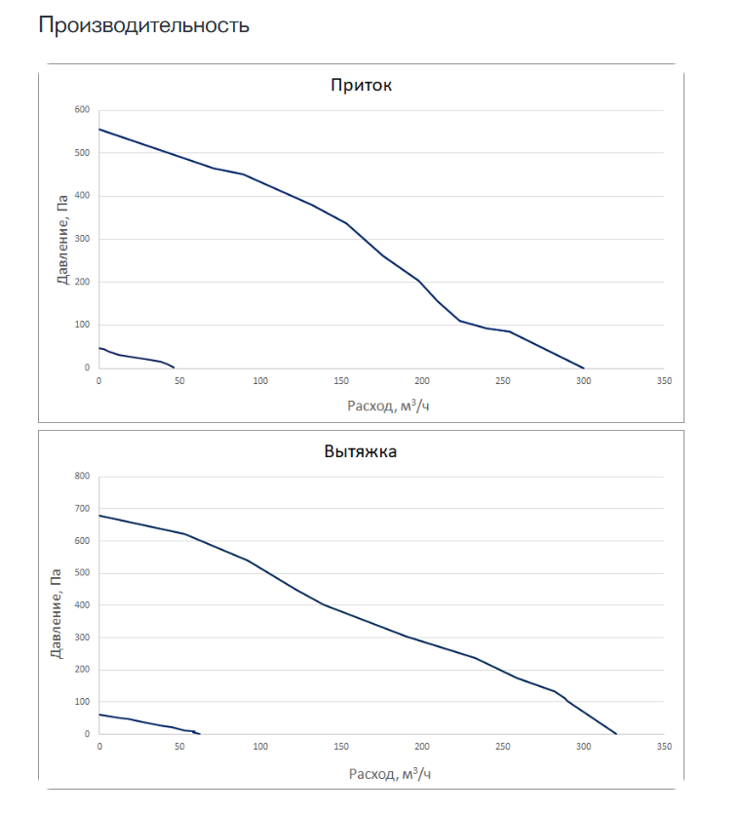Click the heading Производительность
(143, 25)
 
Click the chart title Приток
(361, 85)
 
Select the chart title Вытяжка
(361, 451)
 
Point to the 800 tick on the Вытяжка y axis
(81, 477)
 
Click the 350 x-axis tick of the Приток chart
(664, 380)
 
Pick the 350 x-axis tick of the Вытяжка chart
(664, 746)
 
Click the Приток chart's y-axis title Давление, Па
(62, 239)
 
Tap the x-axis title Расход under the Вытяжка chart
(388, 773)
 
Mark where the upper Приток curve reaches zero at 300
(584, 368)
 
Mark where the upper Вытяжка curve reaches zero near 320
(616, 734)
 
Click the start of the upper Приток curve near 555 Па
(99, 130)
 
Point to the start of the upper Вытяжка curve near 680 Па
(99, 516)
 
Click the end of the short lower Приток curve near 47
(175, 368)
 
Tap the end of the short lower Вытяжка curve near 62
(199, 733)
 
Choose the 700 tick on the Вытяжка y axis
(81, 509)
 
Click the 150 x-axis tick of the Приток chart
(340, 380)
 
